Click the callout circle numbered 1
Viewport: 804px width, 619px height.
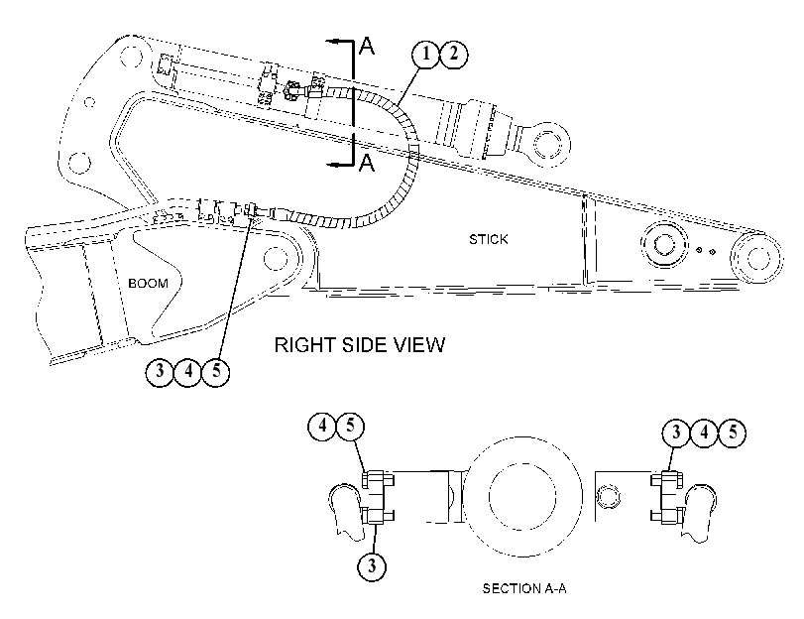point(426,54)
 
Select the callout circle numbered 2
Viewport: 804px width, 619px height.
point(454,54)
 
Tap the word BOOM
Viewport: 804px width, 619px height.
point(148,284)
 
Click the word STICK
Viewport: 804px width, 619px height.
point(489,239)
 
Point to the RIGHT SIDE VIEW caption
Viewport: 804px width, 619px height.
point(360,345)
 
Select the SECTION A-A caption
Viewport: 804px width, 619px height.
point(524,588)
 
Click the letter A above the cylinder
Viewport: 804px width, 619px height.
point(367,46)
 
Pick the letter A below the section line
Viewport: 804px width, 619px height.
point(367,163)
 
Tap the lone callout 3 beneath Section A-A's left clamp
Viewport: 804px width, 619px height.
point(371,566)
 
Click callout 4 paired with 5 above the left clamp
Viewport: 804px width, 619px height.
point(322,426)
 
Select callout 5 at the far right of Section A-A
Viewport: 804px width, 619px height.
point(732,433)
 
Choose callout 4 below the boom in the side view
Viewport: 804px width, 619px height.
point(188,371)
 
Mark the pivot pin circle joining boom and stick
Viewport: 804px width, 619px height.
point(276,258)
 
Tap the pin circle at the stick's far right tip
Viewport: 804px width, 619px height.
point(757,258)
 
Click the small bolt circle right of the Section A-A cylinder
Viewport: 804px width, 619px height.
point(609,496)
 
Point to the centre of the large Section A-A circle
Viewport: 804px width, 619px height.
point(522,496)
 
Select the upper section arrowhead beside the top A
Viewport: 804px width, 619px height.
point(332,41)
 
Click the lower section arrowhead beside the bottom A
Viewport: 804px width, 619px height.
point(332,165)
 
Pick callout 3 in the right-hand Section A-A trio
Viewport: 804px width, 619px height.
point(676,433)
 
